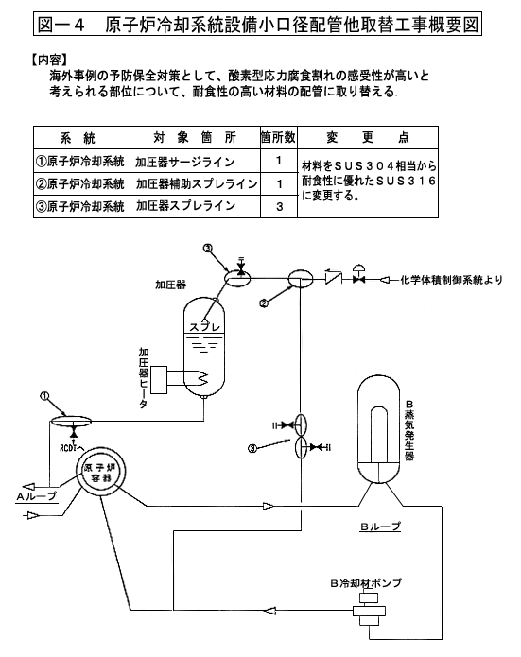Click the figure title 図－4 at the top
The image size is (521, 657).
[x=61, y=25]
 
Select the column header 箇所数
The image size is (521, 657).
[x=278, y=137]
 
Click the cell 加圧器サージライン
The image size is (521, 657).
[x=184, y=162]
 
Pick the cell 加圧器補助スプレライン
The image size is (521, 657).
[x=196, y=183]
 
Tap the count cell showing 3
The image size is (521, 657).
[x=279, y=207]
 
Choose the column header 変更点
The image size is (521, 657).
[x=368, y=137]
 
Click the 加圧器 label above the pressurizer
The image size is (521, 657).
[x=170, y=285]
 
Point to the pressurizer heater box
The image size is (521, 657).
[x=159, y=380]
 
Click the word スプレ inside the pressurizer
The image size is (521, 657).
[x=205, y=327]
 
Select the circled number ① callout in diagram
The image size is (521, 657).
[x=44, y=395]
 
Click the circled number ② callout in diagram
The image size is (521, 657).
[x=264, y=303]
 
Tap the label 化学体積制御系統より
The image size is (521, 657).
[x=451, y=280]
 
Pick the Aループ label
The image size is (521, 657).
[x=37, y=496]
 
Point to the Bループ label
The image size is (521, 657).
[x=381, y=527]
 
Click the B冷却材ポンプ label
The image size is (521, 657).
[x=366, y=583]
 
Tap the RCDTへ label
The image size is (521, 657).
[x=71, y=448]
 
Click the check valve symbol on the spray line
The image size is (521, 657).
[x=334, y=278]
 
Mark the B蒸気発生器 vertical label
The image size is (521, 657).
[x=409, y=430]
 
